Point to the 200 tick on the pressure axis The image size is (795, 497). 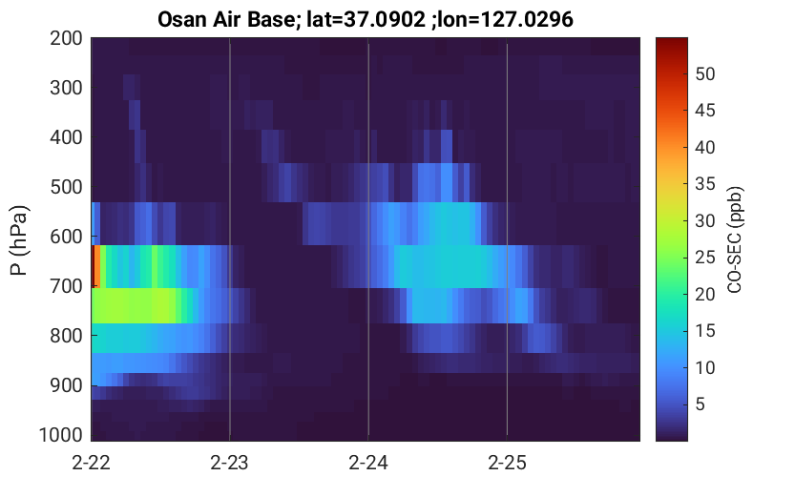click(66, 38)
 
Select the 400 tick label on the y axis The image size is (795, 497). click(66, 137)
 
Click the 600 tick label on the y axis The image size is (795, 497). click(66, 237)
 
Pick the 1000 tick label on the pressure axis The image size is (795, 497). click(61, 435)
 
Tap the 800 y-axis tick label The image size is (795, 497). click(66, 336)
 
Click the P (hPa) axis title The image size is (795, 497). click(18, 240)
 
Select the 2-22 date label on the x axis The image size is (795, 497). click(92, 463)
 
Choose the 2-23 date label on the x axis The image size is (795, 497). click(230, 463)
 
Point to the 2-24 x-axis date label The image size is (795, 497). click(368, 463)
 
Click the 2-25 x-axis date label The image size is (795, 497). click(507, 463)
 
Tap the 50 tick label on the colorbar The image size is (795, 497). click(704, 74)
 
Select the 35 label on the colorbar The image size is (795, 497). click(704, 184)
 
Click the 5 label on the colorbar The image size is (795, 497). click(701, 404)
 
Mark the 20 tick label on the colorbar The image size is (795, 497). click(704, 294)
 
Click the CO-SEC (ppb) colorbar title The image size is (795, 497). click(735, 240)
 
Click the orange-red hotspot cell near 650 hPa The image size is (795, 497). click(95, 266)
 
